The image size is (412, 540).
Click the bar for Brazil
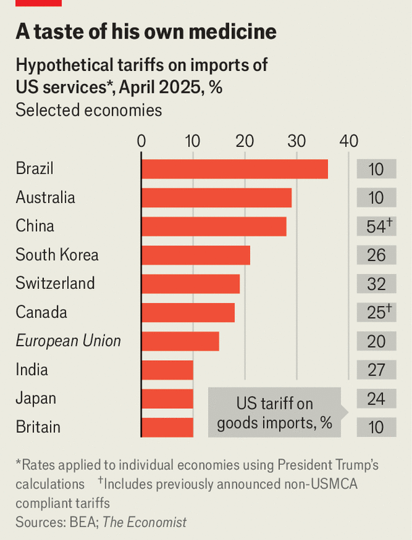tap(234, 169)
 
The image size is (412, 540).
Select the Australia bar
tap(216, 198)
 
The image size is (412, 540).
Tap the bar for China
tap(213, 226)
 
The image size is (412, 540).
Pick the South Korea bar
tap(196, 255)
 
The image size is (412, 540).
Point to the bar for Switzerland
tap(190, 284)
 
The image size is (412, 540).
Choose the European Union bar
tap(180, 341)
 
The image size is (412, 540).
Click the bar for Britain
tap(167, 427)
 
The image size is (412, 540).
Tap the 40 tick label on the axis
tap(348, 141)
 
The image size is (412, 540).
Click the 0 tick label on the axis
tap(142, 141)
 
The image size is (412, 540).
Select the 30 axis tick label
tap(296, 141)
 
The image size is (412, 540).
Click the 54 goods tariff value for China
tap(377, 227)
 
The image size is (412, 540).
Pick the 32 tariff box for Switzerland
tap(377, 284)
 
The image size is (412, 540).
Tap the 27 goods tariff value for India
tap(377, 369)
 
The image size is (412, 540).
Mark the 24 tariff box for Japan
tap(377, 399)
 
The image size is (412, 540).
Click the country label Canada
tap(41, 313)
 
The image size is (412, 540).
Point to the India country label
tap(32, 369)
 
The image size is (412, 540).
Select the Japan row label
tap(36, 399)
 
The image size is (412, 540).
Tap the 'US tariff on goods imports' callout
tap(274, 413)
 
